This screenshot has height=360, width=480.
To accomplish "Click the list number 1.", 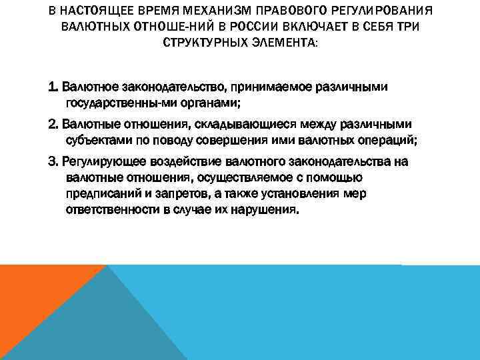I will pos(52,87).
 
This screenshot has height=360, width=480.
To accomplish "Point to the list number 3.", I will pos(52,161).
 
